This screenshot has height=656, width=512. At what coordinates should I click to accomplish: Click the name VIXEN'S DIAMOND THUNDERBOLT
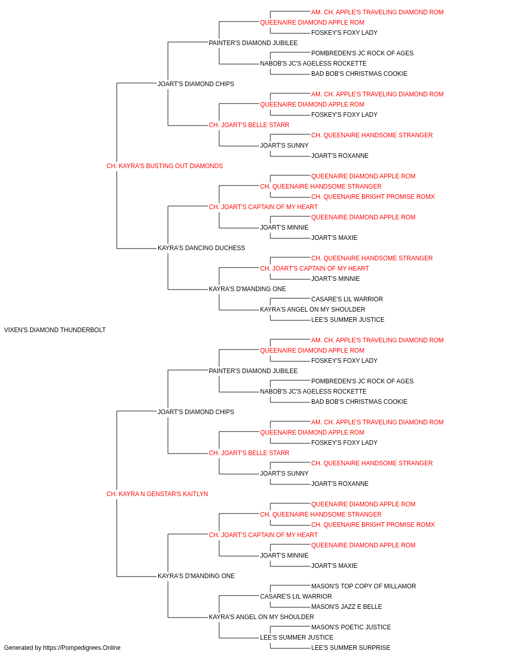click(x=55, y=330)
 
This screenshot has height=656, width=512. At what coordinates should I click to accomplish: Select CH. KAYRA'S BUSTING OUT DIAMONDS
click(x=164, y=166)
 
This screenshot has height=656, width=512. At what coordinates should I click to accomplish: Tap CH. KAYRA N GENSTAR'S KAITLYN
click(x=157, y=494)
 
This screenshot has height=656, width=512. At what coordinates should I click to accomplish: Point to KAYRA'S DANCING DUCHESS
click(x=201, y=248)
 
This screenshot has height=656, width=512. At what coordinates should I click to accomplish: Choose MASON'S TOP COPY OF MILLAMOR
click(x=364, y=586)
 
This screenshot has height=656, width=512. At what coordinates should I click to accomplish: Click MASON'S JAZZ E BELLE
click(x=347, y=607)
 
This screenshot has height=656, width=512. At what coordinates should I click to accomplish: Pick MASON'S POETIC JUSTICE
click(x=351, y=627)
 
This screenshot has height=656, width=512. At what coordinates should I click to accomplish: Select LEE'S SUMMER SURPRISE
click(x=350, y=648)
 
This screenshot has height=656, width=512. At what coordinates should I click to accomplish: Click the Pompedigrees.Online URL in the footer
click(x=81, y=648)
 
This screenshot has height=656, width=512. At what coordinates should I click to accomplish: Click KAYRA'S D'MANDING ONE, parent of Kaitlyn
click(x=196, y=576)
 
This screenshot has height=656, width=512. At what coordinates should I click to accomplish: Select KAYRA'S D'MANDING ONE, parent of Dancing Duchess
click(x=247, y=289)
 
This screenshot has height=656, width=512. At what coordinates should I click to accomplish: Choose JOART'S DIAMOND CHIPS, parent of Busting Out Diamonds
click(x=196, y=84)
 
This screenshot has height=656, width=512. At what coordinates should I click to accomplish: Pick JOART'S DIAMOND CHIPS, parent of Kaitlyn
click(x=196, y=412)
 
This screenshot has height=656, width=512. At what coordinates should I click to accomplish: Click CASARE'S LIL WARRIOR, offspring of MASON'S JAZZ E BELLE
click(x=296, y=597)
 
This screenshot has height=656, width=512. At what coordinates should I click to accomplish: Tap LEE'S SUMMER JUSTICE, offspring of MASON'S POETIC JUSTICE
click(x=296, y=638)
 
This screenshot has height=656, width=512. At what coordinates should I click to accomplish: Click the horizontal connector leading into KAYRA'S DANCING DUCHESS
click(x=137, y=249)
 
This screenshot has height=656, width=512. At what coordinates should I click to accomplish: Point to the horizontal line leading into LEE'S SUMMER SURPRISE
click(x=290, y=648)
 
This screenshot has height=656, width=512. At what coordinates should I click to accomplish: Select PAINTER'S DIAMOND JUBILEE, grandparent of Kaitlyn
click(x=253, y=371)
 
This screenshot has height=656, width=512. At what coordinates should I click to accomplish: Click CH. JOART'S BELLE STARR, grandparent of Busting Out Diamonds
click(x=249, y=125)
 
